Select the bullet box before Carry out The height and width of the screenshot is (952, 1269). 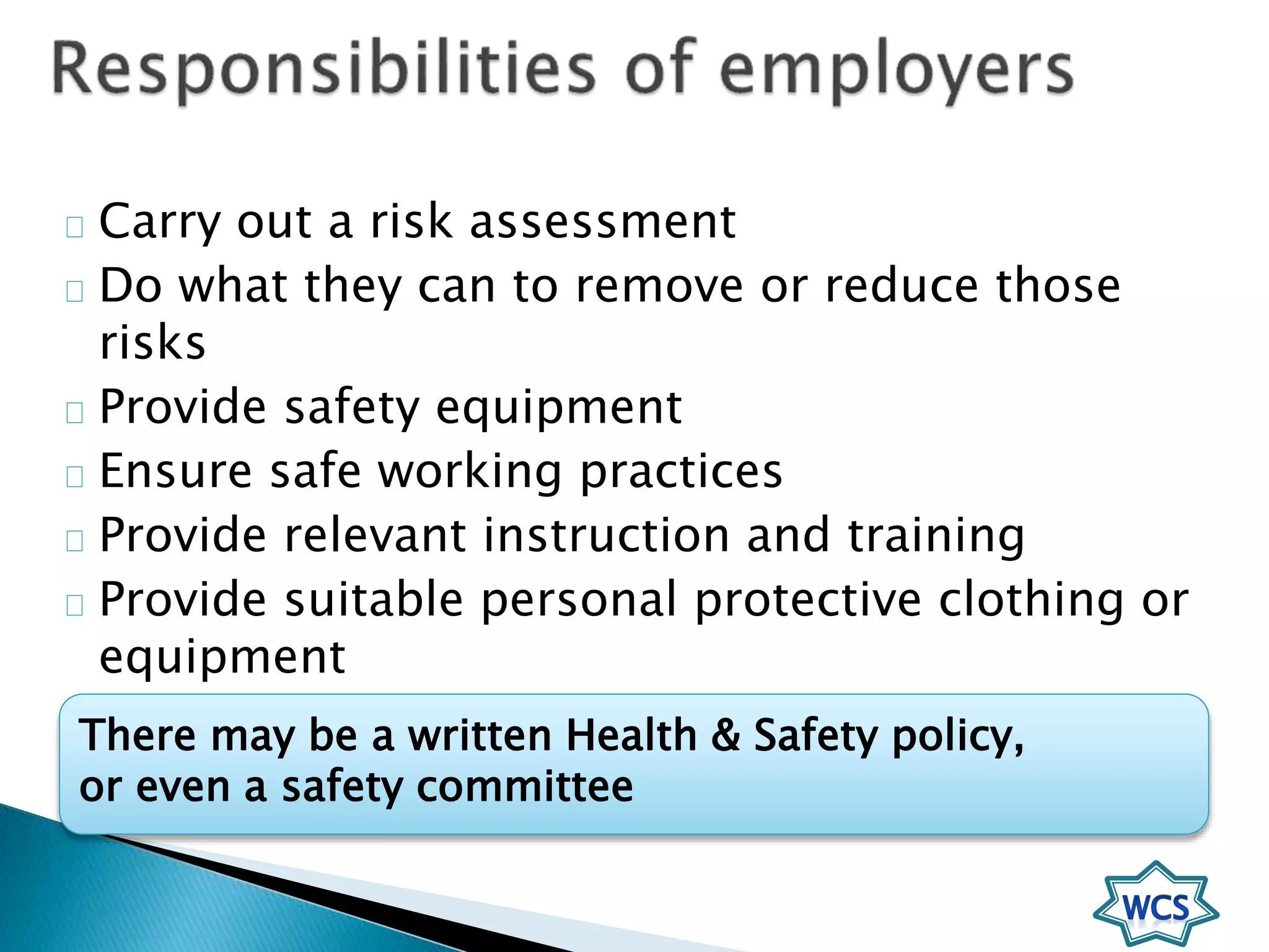(x=74, y=227)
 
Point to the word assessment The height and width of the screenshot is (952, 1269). (x=602, y=221)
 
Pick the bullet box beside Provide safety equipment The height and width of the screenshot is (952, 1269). (x=74, y=412)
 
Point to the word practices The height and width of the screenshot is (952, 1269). (x=681, y=472)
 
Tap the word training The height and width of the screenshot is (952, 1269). (x=936, y=536)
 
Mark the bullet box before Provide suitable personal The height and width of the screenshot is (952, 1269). (x=74, y=605)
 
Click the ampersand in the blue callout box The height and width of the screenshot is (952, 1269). (x=726, y=735)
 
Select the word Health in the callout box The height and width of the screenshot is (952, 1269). (x=631, y=735)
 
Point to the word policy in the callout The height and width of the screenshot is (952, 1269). (x=956, y=736)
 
